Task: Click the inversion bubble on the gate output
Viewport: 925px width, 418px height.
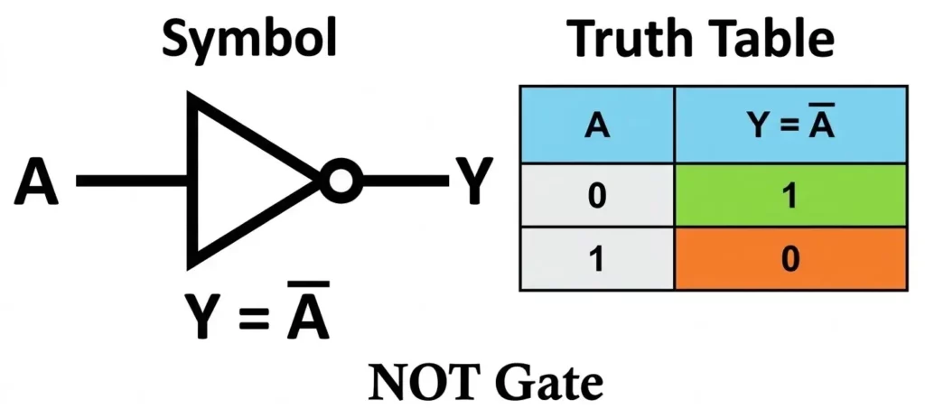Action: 341,181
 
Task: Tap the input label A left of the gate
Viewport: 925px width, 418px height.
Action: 37,182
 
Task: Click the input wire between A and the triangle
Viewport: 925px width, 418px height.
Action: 132,181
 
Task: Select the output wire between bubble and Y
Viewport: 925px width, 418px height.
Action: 403,181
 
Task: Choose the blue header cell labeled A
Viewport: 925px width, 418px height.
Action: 597,125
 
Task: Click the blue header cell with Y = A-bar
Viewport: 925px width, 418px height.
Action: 791,125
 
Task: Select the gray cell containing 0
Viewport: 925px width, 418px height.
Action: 597,196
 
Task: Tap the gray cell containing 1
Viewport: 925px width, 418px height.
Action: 597,259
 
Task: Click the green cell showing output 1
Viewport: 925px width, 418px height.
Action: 791,196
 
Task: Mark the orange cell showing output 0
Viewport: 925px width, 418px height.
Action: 791,259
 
